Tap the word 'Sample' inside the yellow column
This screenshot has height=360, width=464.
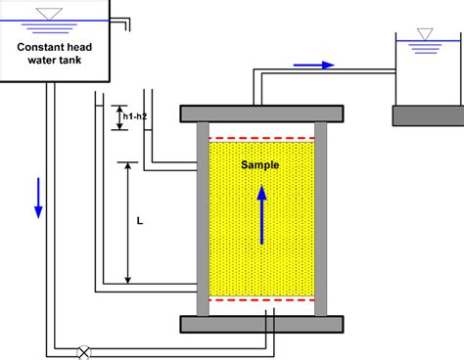click(x=260, y=165)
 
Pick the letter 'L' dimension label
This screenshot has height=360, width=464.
click(x=139, y=223)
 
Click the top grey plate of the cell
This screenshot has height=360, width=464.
click(x=260, y=112)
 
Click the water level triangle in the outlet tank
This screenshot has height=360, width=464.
click(x=424, y=34)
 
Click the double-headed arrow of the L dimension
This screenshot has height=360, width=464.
click(x=128, y=223)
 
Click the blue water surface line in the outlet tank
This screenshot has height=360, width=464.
click(x=428, y=42)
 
